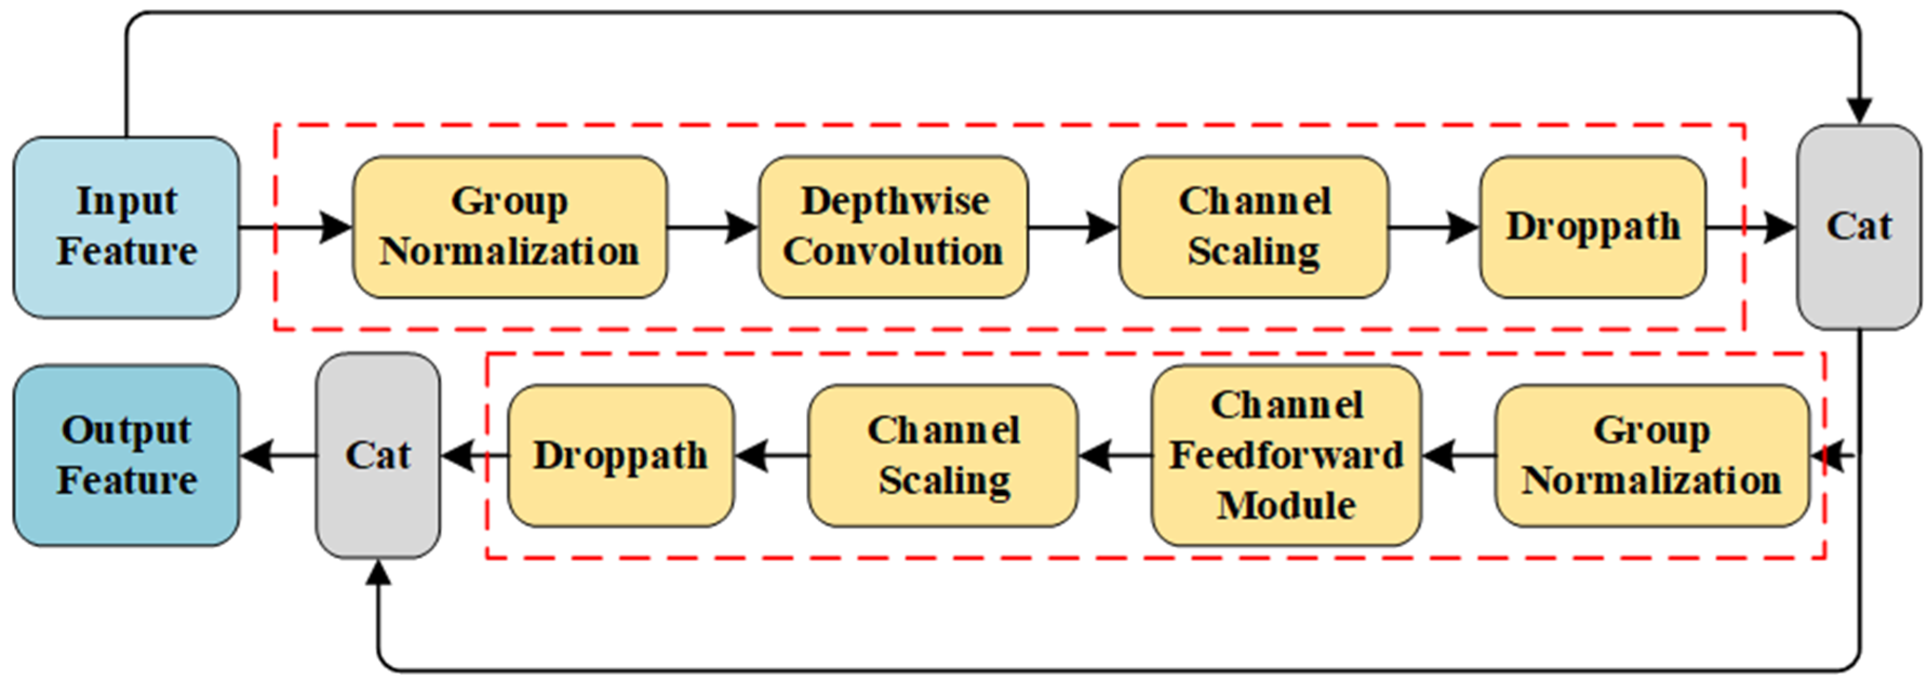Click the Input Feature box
pos(126,227)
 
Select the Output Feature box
pos(126,455)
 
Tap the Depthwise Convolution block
pos(893,227)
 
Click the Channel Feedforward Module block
pos(1285,455)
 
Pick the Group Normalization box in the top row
pos(509,227)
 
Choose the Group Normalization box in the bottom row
pos(1652,455)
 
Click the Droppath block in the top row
pos(1592,227)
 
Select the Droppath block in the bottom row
pos(620,455)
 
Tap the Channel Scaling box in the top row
pos(1253,227)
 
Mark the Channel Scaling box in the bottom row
pos(943,455)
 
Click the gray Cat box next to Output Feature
pos(377,455)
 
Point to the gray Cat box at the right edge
pos(1859,227)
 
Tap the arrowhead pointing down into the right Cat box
pos(1859,111)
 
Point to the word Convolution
pos(893,251)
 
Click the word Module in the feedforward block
pos(1285,505)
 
